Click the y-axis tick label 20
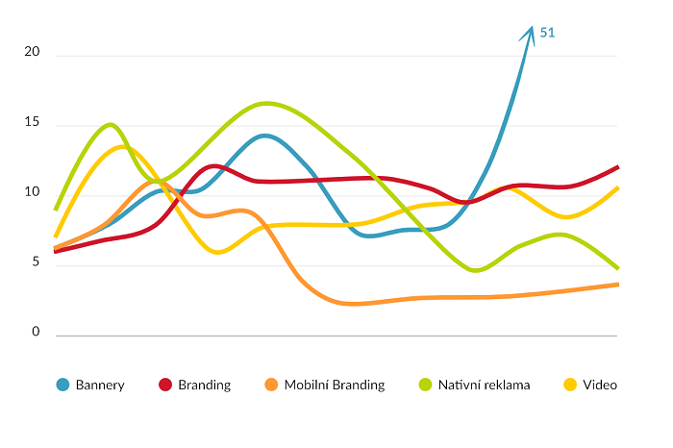(33, 54)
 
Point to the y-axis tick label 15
(33, 124)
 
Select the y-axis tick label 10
(33, 193)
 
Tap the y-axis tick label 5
(36, 263)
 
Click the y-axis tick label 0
(36, 333)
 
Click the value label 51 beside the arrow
(547, 33)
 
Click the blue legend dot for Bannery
(63, 385)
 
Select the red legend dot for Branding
(164, 385)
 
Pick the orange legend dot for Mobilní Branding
(270, 385)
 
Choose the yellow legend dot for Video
(569, 385)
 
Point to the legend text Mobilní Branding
(335, 385)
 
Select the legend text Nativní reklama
(485, 385)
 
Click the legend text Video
(600, 385)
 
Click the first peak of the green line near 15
(111, 124)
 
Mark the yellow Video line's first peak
(121, 146)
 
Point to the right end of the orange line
(617, 285)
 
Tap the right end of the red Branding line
(617, 166)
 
